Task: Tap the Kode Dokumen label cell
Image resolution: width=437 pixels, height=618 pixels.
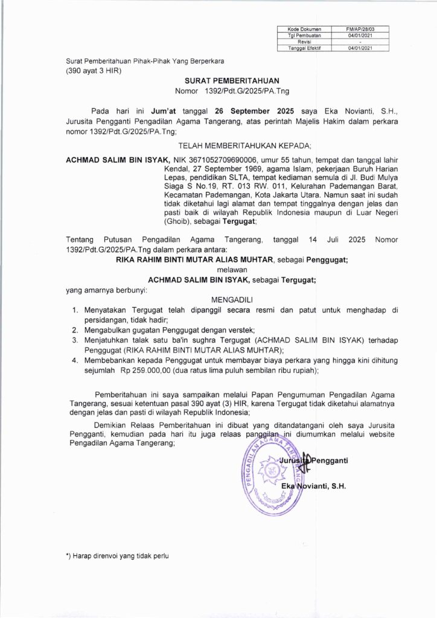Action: tap(304, 28)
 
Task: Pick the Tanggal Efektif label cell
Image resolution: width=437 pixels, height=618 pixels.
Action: tap(304, 48)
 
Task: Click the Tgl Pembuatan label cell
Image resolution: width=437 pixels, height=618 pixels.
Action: tap(304, 35)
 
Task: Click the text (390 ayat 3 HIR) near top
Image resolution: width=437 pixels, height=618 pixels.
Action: tap(94, 71)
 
